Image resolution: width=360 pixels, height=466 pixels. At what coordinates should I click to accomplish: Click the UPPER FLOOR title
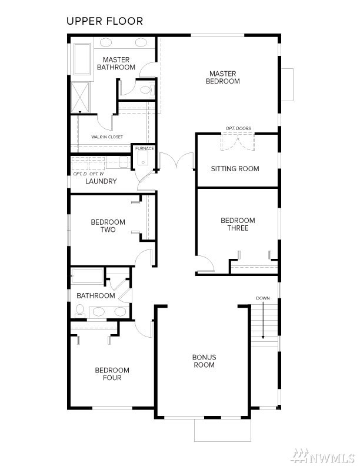[x=105, y=21]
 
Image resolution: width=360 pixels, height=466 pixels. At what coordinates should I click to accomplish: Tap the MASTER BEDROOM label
[x=223, y=77]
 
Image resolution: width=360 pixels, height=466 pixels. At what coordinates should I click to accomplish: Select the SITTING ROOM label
[x=235, y=169]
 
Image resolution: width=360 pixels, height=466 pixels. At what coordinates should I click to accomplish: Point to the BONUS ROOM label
[x=204, y=361]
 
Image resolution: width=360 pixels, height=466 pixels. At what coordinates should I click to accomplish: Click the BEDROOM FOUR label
[x=112, y=374]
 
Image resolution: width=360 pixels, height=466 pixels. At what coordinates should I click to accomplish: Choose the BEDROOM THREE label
[x=238, y=224]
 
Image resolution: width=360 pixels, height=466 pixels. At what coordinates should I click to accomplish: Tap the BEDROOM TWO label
[x=108, y=226]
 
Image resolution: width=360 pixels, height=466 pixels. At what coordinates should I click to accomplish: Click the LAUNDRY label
[x=101, y=181]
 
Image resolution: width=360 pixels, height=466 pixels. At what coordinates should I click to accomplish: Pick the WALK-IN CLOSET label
[x=107, y=137]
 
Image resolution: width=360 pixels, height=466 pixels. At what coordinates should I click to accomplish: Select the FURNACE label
[x=145, y=148]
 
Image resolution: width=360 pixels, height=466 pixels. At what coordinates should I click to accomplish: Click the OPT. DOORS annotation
[x=238, y=128]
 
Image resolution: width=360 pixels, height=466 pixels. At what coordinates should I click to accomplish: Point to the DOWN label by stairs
[x=263, y=298]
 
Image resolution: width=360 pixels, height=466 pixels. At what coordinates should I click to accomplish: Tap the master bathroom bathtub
[x=82, y=59]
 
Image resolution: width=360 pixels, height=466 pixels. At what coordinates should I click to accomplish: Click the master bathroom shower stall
[x=80, y=98]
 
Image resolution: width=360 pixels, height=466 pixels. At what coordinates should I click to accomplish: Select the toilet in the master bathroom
[x=148, y=89]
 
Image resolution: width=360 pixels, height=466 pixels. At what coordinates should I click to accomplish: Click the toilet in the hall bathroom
[x=80, y=311]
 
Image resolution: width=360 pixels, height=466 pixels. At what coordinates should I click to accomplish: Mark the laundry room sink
[x=124, y=162]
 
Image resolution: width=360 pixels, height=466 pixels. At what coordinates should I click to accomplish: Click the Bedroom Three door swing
[x=205, y=264]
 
